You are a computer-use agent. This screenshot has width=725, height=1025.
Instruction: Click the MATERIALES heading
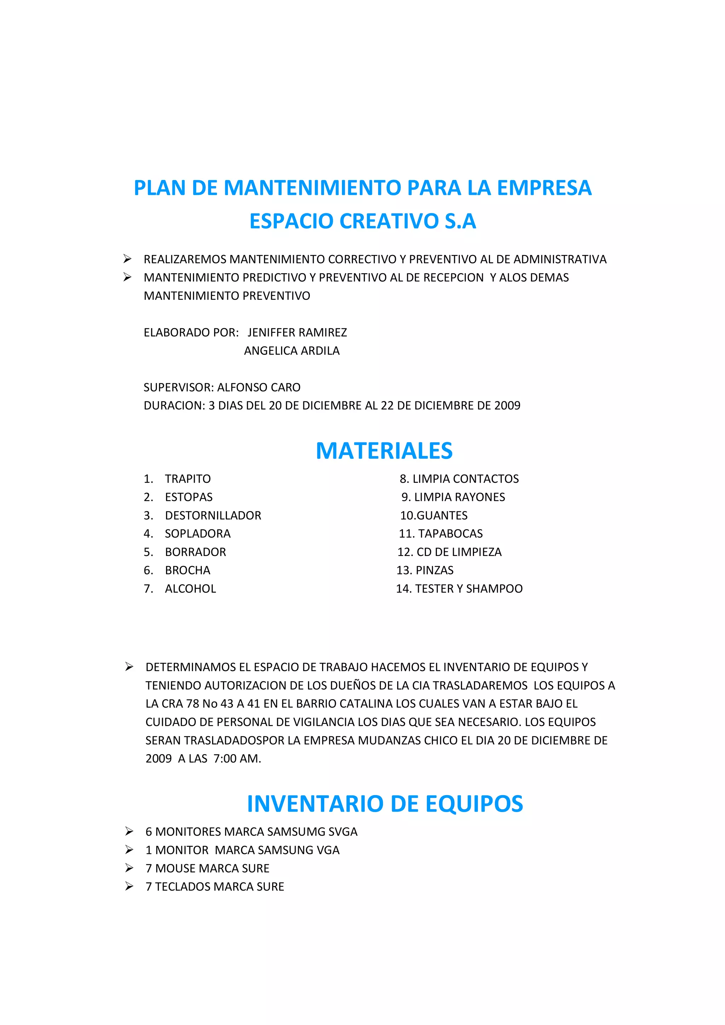[x=384, y=451]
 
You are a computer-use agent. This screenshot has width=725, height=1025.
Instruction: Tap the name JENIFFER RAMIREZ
[x=297, y=332]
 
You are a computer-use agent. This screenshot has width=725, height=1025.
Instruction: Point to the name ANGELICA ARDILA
[x=292, y=351]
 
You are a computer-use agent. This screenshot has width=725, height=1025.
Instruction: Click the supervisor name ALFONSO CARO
[x=259, y=388]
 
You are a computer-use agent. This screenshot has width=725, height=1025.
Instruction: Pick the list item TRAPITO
[x=188, y=479]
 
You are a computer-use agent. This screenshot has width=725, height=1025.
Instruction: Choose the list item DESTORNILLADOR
[x=213, y=516]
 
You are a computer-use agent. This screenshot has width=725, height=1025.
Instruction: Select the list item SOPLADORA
[x=198, y=534]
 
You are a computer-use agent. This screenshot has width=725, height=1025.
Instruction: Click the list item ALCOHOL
[x=190, y=589]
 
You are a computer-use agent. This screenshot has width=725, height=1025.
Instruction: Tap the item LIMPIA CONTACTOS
[x=466, y=479]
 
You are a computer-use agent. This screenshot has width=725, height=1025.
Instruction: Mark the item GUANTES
[x=442, y=516]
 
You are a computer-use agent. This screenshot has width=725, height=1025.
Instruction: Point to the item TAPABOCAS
[x=450, y=534]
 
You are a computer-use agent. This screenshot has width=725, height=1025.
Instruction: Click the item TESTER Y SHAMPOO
[x=469, y=589]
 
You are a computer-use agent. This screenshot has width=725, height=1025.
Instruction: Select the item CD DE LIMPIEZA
[x=459, y=552]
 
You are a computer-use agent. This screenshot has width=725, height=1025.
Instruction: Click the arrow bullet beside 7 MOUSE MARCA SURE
[x=129, y=868]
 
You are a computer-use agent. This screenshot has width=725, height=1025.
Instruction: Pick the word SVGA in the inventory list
[x=343, y=832]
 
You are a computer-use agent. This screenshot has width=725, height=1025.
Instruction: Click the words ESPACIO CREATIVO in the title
[x=344, y=221]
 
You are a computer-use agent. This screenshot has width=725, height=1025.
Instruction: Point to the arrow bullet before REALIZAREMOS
[x=127, y=259]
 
